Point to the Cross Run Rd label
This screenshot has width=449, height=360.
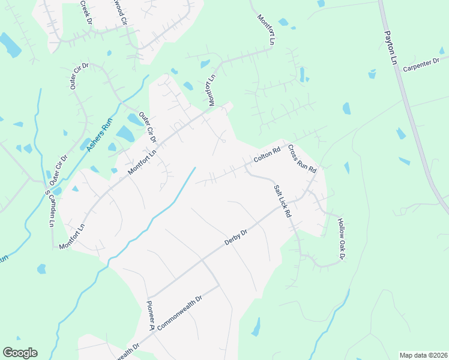tap(301, 159)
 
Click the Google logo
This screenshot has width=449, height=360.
tap(20, 353)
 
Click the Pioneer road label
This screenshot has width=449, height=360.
tap(151, 316)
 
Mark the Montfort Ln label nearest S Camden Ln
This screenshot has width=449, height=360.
tap(73, 236)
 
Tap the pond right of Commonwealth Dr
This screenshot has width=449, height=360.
tap(257, 327)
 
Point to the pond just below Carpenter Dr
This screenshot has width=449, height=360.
tap(372, 74)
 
